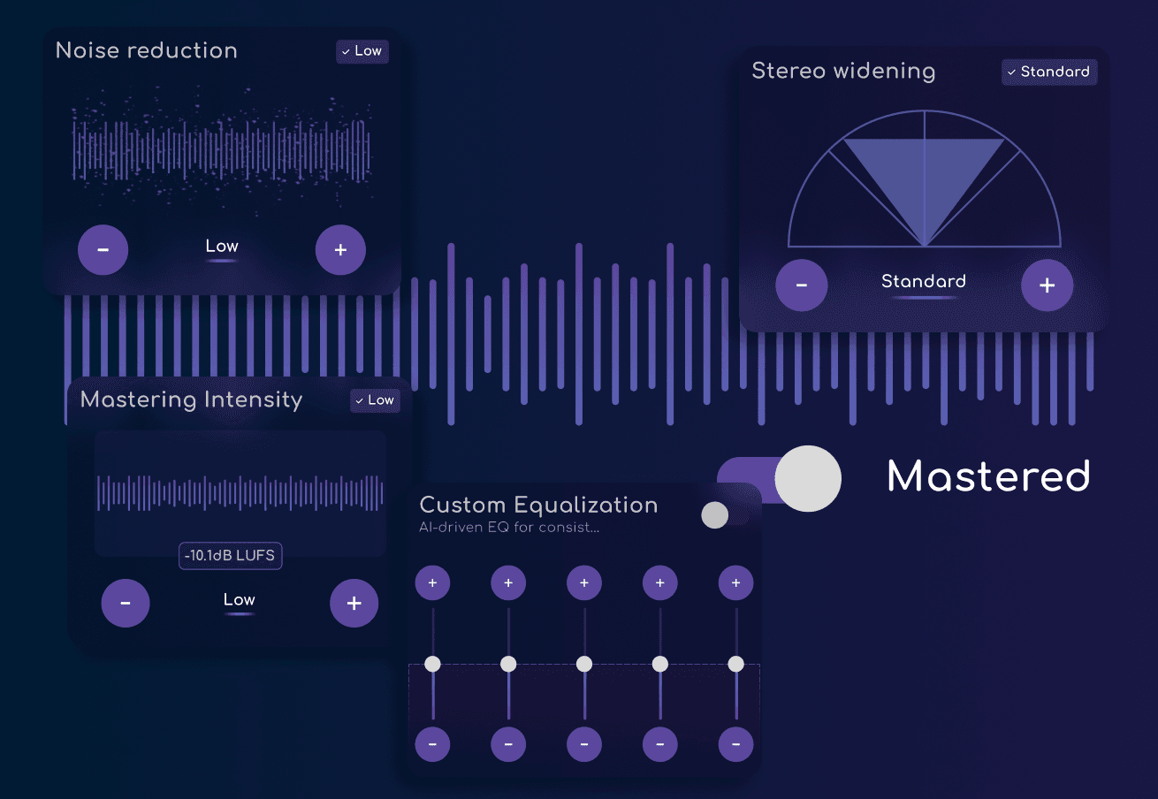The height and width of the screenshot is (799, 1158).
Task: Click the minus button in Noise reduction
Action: pos(103,250)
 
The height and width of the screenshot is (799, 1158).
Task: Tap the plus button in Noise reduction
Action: pos(340,250)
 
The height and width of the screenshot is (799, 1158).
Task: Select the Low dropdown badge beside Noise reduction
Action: pos(362,51)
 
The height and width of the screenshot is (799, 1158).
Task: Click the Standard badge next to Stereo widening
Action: pos(1049,72)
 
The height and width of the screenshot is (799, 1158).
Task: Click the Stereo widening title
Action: pos(842,72)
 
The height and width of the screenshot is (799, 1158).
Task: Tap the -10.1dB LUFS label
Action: pos(231,556)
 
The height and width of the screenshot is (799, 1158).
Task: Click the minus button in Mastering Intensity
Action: pos(126,603)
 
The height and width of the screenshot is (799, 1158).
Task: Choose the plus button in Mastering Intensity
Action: pos(354,603)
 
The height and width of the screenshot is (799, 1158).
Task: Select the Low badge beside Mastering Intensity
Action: pos(375,400)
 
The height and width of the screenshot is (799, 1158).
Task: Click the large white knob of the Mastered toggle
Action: pos(808,478)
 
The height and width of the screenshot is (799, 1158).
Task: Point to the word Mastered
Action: pos(988,476)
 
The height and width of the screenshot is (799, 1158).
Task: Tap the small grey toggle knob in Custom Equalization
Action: pos(715,515)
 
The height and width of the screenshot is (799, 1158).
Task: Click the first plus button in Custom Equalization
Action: pos(432,583)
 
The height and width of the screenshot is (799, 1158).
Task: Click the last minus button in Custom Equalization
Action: pos(735,744)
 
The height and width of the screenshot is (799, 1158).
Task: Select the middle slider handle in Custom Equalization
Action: pos(584,664)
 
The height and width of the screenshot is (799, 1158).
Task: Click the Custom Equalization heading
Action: pos(538,505)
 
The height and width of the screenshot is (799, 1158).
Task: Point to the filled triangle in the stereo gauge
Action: pos(924,177)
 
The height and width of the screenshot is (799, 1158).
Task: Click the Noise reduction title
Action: pos(147,50)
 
